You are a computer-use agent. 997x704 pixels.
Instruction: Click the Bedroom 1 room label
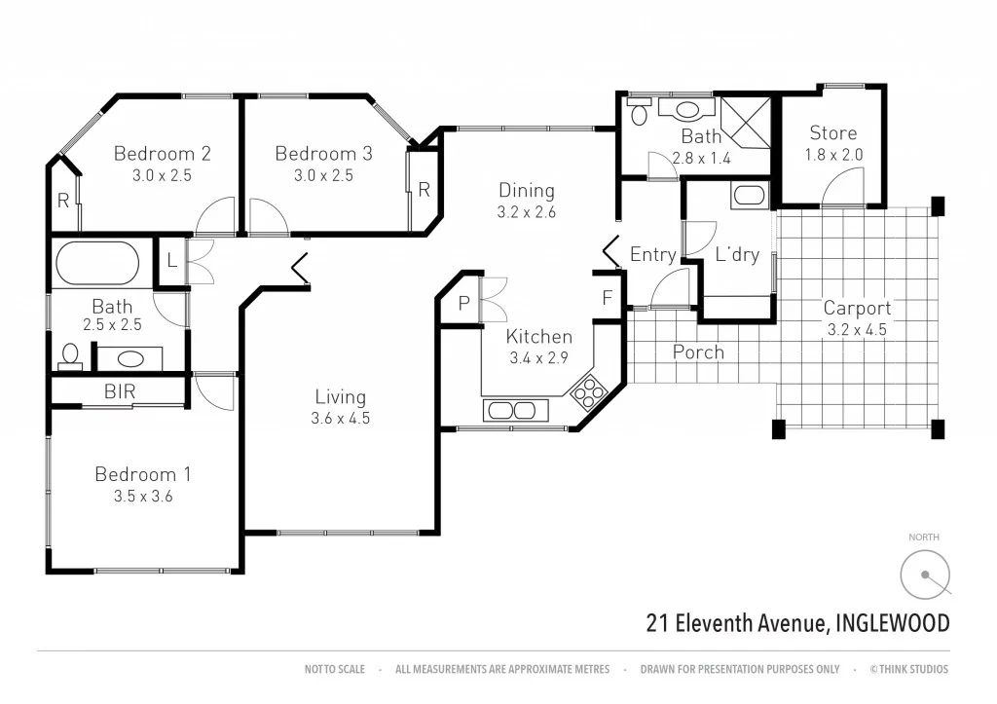click(142, 474)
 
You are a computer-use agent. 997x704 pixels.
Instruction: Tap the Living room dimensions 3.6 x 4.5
click(341, 419)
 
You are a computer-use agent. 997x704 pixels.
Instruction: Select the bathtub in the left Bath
click(97, 263)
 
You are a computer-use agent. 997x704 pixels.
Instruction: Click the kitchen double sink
click(511, 410)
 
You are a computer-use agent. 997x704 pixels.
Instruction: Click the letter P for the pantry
click(463, 304)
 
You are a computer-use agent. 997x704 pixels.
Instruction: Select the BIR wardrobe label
click(120, 392)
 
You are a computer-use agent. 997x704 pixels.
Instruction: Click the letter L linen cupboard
click(170, 261)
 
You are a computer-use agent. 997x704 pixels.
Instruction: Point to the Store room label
click(833, 132)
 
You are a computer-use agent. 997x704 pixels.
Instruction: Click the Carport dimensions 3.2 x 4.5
click(857, 329)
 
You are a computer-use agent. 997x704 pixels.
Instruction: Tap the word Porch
click(698, 352)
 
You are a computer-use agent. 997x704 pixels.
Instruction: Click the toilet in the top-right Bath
click(640, 114)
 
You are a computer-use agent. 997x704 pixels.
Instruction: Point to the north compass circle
click(924, 574)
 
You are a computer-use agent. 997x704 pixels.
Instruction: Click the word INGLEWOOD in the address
click(892, 623)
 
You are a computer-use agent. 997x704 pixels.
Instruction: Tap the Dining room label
click(527, 190)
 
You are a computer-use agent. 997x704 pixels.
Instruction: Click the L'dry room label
click(737, 255)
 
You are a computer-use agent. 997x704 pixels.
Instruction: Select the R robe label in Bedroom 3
click(424, 190)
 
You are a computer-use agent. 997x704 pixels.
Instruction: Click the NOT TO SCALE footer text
click(334, 669)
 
